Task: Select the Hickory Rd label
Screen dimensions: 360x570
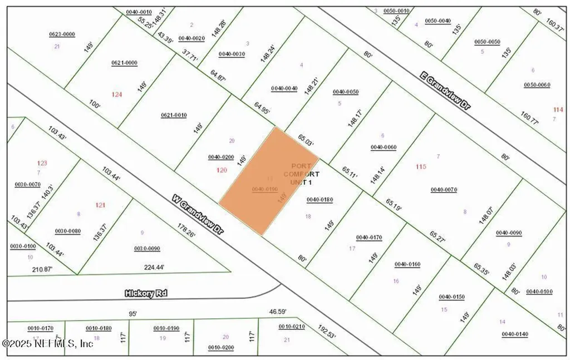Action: coord(146,293)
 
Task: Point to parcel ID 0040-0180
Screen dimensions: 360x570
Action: coord(320,199)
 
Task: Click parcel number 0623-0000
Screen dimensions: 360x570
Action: coord(62,34)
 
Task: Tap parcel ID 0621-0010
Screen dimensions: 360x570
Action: coord(174,115)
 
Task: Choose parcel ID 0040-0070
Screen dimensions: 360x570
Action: coord(444,190)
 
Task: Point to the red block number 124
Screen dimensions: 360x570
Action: coord(116,95)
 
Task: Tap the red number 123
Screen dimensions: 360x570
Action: coord(42,163)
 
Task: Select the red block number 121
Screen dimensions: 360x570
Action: coord(100,205)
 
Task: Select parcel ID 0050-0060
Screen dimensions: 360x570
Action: coord(537,85)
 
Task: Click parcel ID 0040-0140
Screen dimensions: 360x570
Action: coord(515,334)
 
